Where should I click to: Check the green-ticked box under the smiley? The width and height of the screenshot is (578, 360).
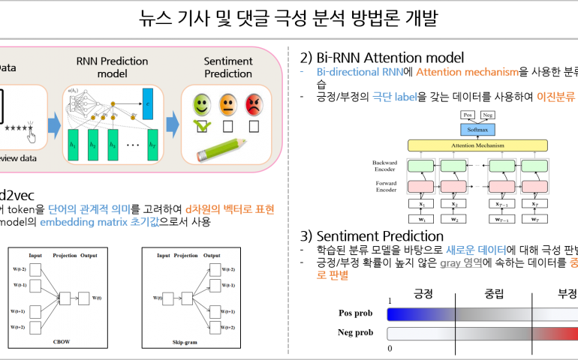[x=202, y=126]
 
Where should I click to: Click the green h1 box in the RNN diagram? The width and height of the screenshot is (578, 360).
[x=74, y=144]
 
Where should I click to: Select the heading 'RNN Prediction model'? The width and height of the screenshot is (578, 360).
[x=112, y=67]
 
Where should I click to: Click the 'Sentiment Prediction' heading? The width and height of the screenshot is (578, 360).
[x=228, y=67]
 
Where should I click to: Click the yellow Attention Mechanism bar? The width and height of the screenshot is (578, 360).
[x=477, y=145]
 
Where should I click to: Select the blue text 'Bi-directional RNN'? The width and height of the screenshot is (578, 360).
[x=360, y=72]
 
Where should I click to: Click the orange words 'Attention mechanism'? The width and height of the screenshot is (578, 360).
[x=467, y=72]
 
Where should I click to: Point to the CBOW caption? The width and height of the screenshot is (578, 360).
[x=62, y=341]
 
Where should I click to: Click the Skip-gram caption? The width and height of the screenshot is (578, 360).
[x=190, y=341]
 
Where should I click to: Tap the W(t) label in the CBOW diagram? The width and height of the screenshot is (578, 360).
[x=98, y=298]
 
